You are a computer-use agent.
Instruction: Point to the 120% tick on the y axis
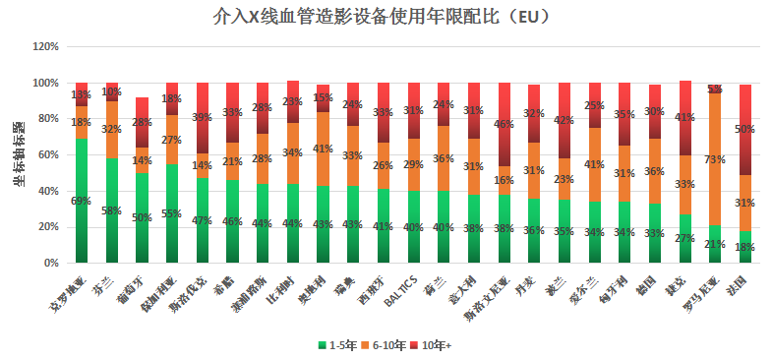point(45,47)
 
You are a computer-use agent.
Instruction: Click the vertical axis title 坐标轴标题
point(18,154)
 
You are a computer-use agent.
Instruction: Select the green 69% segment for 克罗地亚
point(82,201)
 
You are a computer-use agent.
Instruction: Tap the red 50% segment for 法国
point(745,130)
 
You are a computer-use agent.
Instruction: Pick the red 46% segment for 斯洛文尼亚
point(505,124)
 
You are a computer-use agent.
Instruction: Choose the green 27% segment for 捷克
point(685,238)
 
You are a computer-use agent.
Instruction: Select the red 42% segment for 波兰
point(564,121)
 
